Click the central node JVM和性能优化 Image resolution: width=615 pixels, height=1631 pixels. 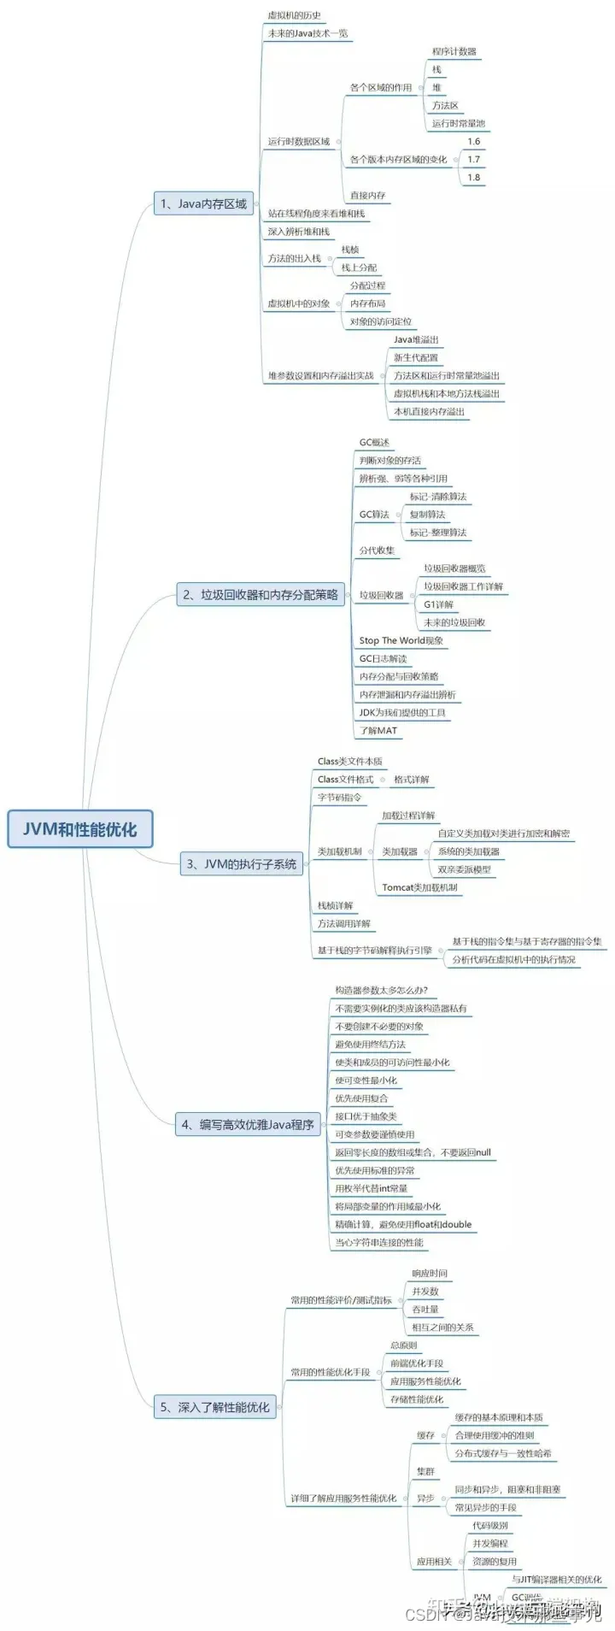79,828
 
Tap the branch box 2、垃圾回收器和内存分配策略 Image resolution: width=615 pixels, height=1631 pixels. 261,595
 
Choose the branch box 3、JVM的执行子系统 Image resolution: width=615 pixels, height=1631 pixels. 242,864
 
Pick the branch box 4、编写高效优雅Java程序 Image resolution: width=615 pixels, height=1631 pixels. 248,1125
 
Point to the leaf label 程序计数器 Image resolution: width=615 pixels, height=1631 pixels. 454,51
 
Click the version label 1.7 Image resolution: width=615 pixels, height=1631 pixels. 474,159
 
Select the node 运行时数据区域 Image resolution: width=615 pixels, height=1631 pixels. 299,141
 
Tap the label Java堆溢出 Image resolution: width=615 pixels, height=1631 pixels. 416,339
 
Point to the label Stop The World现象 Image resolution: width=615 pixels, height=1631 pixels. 401,640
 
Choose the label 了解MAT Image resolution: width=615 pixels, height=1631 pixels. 378,730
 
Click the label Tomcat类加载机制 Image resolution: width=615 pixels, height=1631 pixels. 419,887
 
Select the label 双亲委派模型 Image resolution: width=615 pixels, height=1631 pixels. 464,869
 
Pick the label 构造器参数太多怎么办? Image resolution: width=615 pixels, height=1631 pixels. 381,990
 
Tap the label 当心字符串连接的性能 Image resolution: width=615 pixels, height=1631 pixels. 378,1242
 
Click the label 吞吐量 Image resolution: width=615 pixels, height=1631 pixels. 425,1309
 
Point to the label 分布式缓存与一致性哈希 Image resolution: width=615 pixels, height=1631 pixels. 503,1453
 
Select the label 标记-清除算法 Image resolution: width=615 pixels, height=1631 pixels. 438,497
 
